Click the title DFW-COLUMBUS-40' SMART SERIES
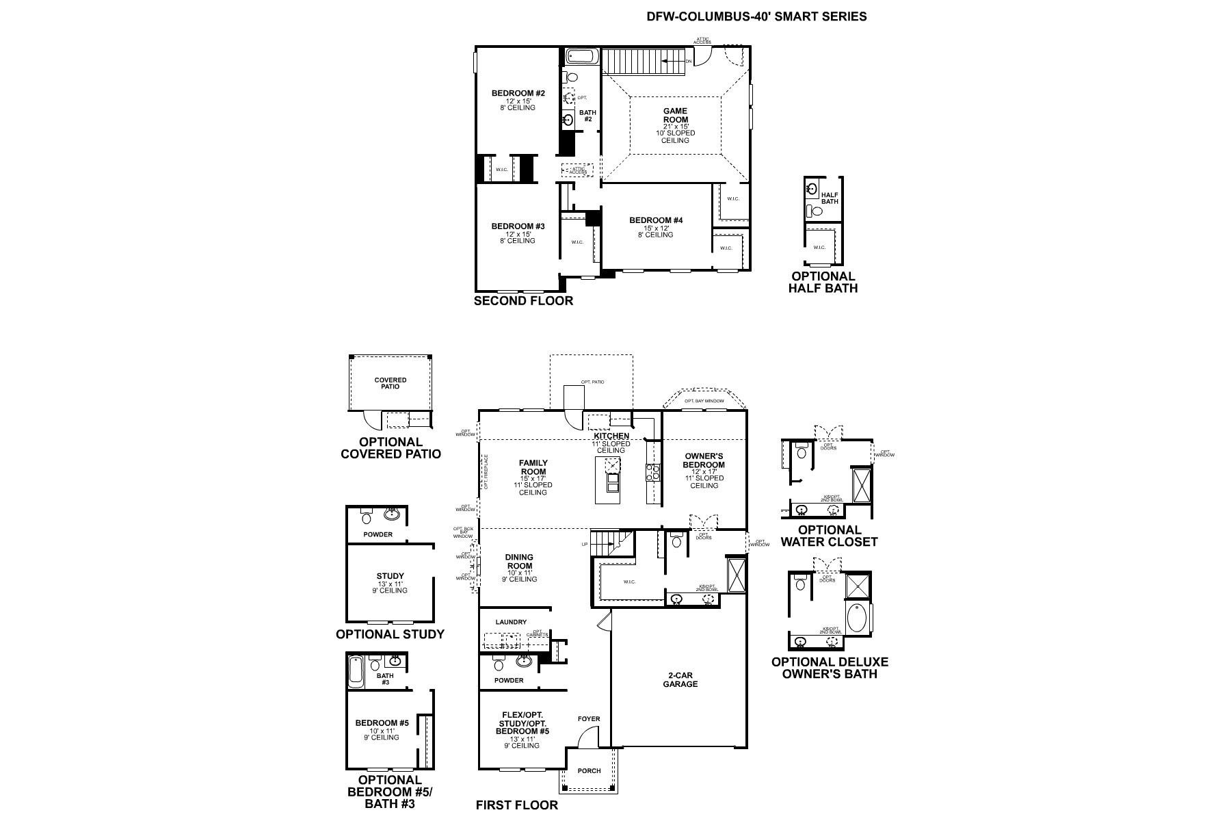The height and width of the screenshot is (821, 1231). (x=756, y=16)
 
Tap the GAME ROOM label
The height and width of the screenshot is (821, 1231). (x=675, y=115)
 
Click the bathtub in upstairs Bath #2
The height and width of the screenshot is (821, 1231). (x=583, y=55)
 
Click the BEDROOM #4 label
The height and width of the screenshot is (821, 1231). (x=656, y=220)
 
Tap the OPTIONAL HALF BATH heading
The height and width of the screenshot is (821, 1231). (x=823, y=282)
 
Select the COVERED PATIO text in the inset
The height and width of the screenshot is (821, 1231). (x=391, y=383)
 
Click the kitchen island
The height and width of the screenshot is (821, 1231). (x=608, y=480)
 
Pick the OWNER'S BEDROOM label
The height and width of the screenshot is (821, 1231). (x=704, y=460)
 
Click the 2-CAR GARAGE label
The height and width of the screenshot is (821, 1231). (x=680, y=679)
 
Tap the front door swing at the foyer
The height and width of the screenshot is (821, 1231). (x=587, y=738)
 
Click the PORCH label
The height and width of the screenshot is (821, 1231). (x=589, y=770)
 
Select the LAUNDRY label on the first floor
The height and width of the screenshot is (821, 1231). (x=511, y=622)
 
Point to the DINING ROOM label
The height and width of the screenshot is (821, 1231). (x=520, y=562)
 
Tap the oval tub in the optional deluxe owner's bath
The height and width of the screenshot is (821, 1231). (x=856, y=618)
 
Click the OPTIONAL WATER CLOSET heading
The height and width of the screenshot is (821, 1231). (x=829, y=536)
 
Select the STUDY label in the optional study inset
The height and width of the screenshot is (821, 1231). (x=390, y=576)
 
